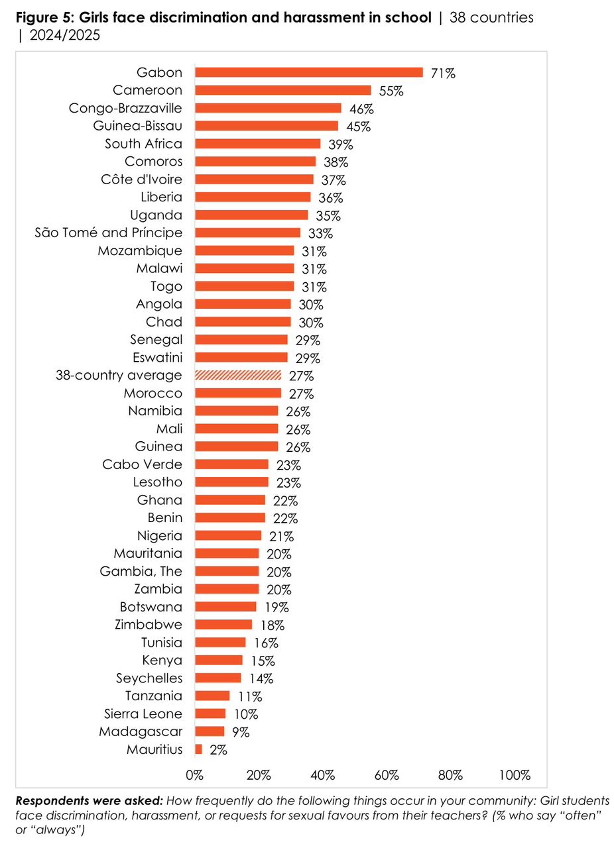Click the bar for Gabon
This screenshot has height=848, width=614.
pyautogui.click(x=308, y=73)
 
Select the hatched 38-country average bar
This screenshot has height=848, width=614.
pyautogui.click(x=238, y=376)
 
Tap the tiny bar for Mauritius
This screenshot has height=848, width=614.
pyautogui.click(x=198, y=749)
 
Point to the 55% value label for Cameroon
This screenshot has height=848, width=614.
pyautogui.click(x=391, y=91)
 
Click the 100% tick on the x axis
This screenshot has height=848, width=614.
pyautogui.click(x=515, y=774)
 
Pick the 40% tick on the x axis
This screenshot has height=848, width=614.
pyautogui.click(x=322, y=774)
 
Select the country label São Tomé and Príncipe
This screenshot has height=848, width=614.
pyautogui.click(x=108, y=233)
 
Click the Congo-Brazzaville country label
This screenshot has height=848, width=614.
pyautogui.click(x=125, y=108)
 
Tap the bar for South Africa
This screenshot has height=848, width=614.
pyautogui.click(x=257, y=144)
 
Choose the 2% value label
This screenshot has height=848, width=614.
pyautogui.click(x=218, y=750)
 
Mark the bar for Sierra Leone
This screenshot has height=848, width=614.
pyautogui.click(x=210, y=714)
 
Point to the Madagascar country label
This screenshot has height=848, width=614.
pyautogui.click(x=141, y=731)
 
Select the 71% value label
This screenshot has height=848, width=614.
pyautogui.click(x=442, y=74)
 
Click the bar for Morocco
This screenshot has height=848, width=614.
pyautogui.click(x=238, y=393)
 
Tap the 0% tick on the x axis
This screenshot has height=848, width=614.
pyautogui.click(x=194, y=774)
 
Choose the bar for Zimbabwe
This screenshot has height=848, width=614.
pyautogui.click(x=223, y=625)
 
